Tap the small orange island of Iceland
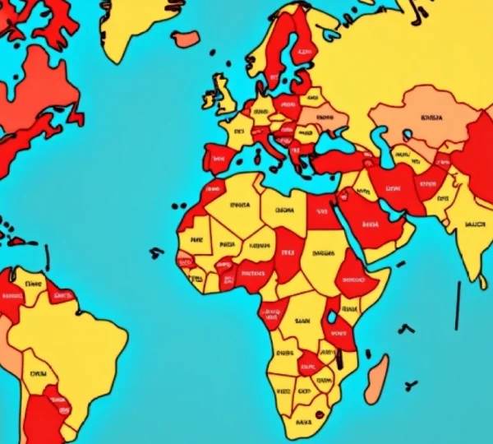[187, 39]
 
